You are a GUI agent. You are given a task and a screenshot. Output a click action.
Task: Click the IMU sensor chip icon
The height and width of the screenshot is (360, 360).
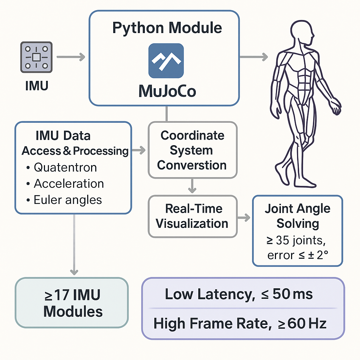click(37, 57)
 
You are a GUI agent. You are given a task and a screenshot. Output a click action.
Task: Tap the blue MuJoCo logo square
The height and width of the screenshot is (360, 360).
click(166, 60)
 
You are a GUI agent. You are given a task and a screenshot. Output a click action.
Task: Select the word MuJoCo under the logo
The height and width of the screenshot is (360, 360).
click(167, 91)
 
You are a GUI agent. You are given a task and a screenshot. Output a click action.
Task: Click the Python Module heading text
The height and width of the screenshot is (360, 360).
click(167, 28)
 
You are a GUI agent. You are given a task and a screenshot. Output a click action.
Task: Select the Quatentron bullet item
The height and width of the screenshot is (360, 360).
click(65, 167)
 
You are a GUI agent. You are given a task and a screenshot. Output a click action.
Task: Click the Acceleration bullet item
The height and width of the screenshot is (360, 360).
click(69, 184)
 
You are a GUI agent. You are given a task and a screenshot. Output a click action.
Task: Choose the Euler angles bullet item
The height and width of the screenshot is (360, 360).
click(67, 200)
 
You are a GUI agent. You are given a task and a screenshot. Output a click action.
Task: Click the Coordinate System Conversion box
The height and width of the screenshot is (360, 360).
click(192, 150)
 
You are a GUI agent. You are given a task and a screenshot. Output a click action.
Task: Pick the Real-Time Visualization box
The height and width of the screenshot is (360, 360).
click(192, 216)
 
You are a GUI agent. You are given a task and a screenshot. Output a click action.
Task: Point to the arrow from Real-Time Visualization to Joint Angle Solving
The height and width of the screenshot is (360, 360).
click(244, 218)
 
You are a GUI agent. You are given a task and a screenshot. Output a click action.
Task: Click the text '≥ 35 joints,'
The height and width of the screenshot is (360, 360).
click(297, 241)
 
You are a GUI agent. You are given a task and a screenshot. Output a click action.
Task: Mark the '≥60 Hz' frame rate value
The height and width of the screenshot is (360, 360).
click(302, 323)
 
